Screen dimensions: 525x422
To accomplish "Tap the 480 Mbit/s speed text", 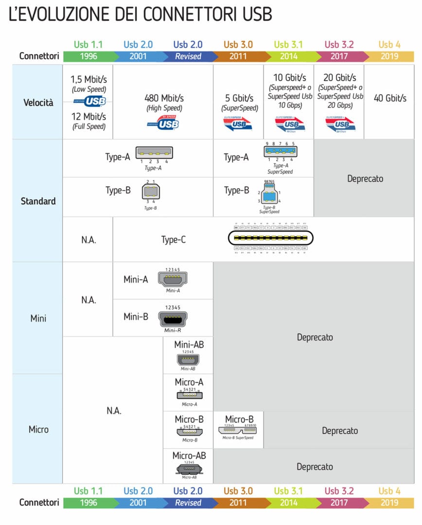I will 164,98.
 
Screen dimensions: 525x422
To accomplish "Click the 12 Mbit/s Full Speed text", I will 89,121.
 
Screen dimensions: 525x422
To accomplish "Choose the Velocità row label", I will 38,103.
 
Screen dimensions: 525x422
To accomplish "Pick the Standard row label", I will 38,201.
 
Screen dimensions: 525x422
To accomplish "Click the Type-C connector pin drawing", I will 271,239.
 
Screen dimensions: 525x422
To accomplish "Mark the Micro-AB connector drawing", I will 189,470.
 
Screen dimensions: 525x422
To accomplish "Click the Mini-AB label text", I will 189,345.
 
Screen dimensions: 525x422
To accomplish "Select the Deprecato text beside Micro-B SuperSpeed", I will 339,431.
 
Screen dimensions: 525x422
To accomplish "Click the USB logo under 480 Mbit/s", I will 163,123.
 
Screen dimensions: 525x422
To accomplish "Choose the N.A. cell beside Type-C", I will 88,239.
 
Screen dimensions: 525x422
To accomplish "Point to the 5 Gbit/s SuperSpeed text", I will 239,103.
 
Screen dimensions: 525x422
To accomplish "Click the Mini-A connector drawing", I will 173,279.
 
